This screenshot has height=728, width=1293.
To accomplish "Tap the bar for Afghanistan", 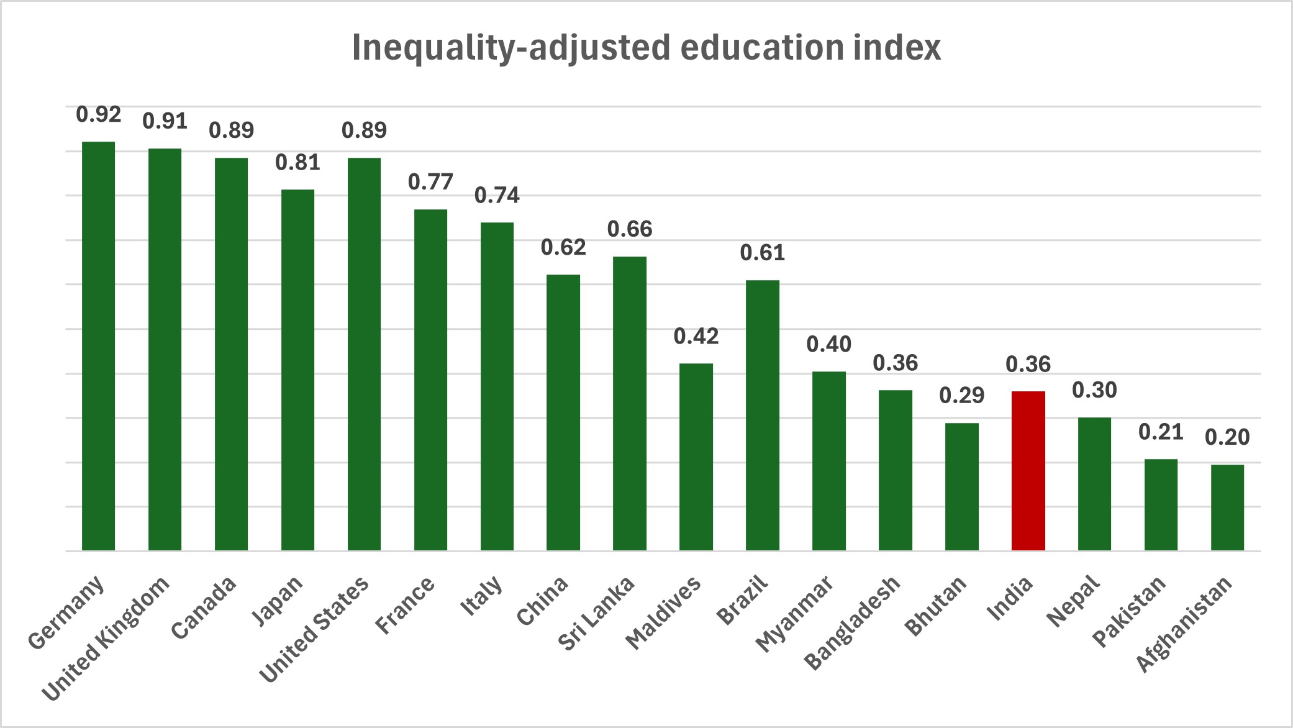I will [1227, 507].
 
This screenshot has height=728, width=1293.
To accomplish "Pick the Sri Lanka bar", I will [629, 404].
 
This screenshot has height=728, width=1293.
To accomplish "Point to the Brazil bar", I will [762, 416].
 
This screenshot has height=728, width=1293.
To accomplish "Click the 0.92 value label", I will [99, 115].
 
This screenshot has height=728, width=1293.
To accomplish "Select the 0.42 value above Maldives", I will [696, 337].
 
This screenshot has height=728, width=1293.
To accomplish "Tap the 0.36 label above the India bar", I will [1028, 365].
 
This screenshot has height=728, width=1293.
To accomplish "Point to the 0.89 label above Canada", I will [231, 130].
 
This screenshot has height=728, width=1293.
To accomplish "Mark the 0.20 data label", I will [1227, 438].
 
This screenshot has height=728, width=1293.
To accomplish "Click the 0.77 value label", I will [430, 183].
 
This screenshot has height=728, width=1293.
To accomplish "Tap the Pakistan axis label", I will [1130, 611].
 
